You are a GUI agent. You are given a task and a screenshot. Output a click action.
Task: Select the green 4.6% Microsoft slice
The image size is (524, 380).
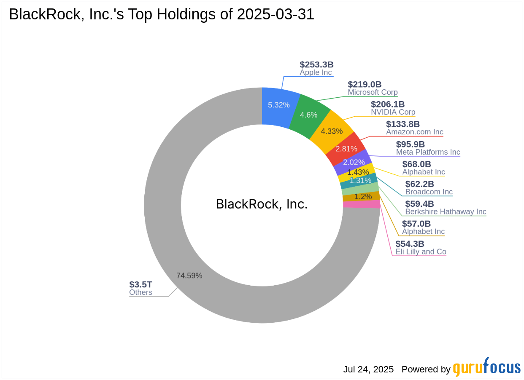(309, 115)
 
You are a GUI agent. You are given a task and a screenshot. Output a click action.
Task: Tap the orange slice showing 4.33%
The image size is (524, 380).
(332, 131)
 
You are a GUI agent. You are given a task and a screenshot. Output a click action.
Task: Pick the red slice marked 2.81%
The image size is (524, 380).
(346, 148)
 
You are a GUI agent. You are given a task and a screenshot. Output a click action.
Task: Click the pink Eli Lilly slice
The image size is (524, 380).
(361, 204)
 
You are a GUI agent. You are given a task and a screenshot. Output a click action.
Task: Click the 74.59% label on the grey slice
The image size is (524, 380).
(189, 276)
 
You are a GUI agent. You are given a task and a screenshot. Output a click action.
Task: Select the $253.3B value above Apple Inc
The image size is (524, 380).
(316, 64)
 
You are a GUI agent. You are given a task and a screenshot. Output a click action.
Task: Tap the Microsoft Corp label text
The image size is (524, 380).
(373, 92)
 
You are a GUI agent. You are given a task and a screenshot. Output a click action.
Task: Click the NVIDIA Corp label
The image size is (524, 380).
(393, 112)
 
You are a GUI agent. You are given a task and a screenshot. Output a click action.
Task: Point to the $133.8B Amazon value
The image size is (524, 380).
(403, 124)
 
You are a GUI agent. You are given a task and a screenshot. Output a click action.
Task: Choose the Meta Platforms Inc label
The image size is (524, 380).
(428, 152)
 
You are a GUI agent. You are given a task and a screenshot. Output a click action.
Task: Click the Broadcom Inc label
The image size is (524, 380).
(429, 192)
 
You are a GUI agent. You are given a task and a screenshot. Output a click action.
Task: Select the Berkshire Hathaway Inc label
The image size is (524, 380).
(446, 211)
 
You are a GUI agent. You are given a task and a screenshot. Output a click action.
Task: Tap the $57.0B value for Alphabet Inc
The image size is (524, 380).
(416, 224)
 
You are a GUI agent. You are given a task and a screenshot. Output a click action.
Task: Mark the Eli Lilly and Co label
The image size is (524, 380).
(421, 252)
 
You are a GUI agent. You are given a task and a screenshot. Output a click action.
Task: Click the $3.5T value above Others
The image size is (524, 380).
(140, 284)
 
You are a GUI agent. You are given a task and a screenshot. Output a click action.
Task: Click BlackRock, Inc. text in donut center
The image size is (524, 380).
(262, 204)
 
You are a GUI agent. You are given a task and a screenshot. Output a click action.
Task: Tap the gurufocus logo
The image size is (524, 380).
(486, 368)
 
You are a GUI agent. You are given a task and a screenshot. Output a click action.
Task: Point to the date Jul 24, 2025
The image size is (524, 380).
(368, 369)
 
